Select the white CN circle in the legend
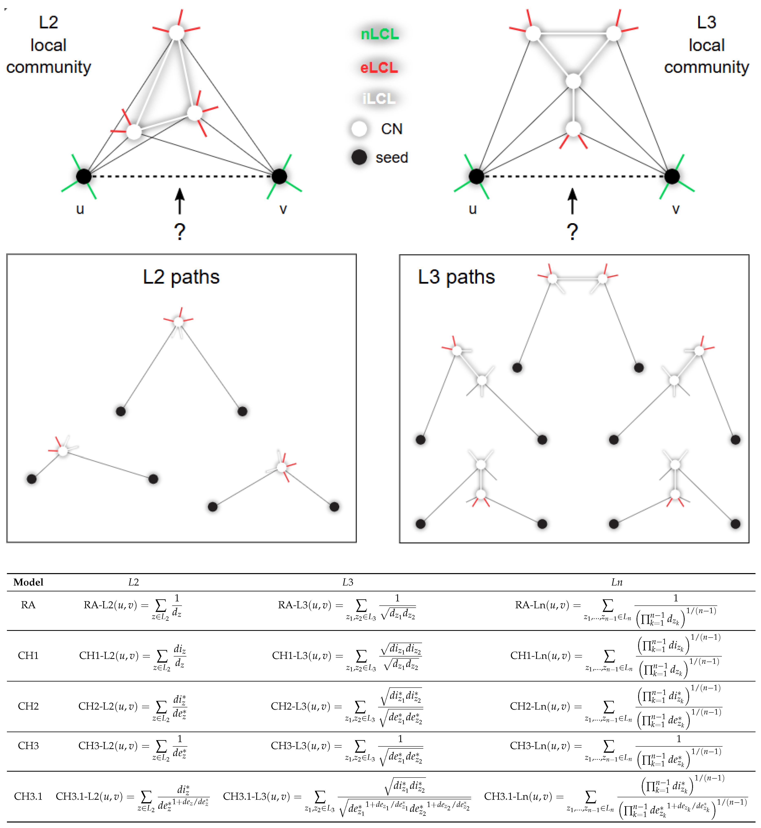[359, 129]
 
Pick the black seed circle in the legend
[359, 157]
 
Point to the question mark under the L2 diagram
[179, 232]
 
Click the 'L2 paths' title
[181, 277]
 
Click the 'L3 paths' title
[456, 277]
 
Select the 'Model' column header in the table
[28, 582]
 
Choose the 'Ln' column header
[616, 582]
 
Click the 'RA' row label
[28, 605]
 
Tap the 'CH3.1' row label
[28, 796]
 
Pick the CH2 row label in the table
[28, 706]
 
